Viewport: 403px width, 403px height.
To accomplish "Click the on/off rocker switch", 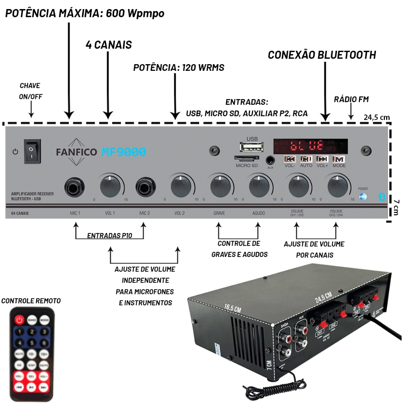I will coord(32,151).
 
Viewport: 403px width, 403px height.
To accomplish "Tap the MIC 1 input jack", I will coord(75,187).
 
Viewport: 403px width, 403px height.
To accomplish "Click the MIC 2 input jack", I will coord(144,187).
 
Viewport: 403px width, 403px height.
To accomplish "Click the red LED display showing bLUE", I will coord(311,146).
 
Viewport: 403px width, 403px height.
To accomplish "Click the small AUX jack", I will coord(270,160).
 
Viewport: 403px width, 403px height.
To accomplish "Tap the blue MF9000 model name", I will coord(124,152).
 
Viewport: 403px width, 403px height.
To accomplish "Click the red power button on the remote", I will coord(20,320).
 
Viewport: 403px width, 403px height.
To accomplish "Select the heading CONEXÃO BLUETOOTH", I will coord(322,55).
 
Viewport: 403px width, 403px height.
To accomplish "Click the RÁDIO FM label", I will coord(351,100).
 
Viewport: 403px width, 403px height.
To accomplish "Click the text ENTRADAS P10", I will coord(109,236).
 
